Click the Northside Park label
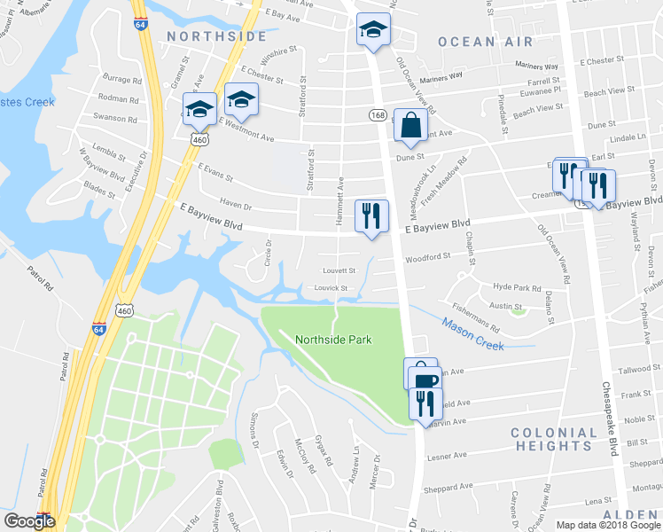332,340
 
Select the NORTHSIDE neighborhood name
216,36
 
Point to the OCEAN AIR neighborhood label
485,42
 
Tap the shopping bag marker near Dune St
411,127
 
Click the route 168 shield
378,115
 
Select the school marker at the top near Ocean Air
373,31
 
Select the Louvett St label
339,270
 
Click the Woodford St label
428,257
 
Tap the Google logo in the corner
28,521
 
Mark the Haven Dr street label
236,207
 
